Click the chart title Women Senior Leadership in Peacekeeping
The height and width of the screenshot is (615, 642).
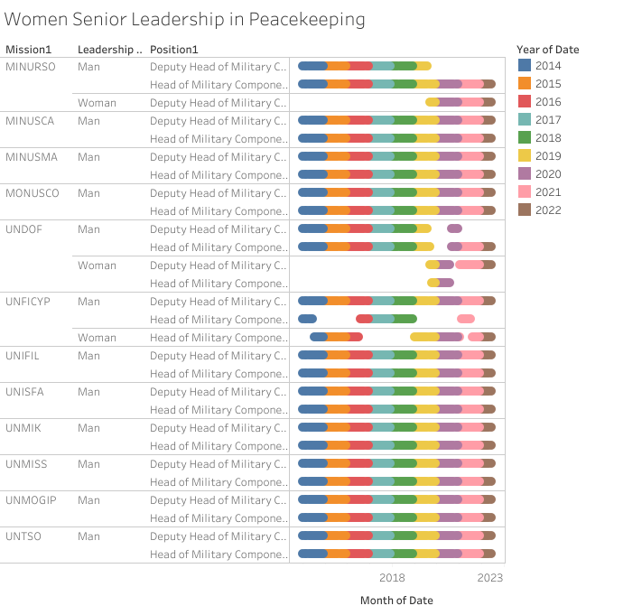(x=185, y=19)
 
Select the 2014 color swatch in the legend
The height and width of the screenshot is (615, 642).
(x=525, y=65)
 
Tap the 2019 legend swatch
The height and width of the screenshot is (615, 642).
(x=525, y=155)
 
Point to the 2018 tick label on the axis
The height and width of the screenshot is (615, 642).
(x=392, y=578)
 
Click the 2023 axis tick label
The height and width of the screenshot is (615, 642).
(x=489, y=578)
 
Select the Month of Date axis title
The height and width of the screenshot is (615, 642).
(x=396, y=601)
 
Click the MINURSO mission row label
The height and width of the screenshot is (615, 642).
(x=32, y=67)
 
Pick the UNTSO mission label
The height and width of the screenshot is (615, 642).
(x=23, y=536)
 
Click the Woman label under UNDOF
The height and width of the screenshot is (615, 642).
(x=97, y=266)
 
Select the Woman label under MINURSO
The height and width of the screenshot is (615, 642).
(x=97, y=103)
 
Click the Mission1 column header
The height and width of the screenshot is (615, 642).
(x=29, y=49)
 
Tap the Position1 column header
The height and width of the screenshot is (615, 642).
(x=174, y=49)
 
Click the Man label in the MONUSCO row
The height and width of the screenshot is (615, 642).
(x=88, y=193)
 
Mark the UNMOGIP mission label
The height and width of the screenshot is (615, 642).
(x=32, y=500)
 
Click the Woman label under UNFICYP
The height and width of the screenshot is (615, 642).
(x=97, y=338)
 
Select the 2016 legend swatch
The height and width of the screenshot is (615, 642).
(x=525, y=101)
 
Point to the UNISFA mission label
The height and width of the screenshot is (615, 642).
(x=26, y=392)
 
